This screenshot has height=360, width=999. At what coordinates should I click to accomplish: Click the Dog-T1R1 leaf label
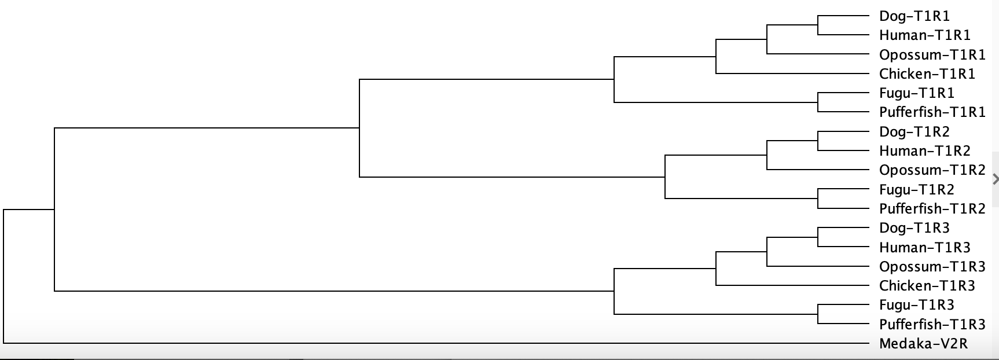tap(914, 16)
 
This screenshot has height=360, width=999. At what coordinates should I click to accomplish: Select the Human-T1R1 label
tap(924, 35)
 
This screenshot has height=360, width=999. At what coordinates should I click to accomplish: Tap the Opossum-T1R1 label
tap(932, 55)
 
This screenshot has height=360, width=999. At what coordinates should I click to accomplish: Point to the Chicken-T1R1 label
tap(927, 74)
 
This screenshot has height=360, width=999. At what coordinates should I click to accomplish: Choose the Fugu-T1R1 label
tap(916, 93)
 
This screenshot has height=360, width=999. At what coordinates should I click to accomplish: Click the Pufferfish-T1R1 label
tap(932, 112)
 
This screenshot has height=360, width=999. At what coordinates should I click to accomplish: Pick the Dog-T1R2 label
tap(914, 132)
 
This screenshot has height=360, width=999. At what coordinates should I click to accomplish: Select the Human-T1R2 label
tap(924, 151)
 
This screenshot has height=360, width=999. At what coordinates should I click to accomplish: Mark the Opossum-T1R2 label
tap(932, 170)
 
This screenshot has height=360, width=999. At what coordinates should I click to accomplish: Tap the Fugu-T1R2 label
tap(916, 190)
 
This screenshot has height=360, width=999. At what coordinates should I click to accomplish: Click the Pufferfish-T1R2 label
tap(932, 209)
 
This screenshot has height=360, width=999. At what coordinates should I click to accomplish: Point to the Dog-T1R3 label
tap(914, 228)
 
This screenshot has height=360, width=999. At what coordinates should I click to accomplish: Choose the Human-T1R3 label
tap(924, 248)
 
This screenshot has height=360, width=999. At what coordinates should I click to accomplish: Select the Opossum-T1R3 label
tap(932, 267)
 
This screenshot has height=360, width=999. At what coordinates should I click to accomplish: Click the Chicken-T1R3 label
tap(927, 286)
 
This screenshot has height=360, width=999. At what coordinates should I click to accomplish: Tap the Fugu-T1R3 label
tap(916, 305)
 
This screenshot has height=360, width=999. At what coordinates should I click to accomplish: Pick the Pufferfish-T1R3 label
tap(932, 325)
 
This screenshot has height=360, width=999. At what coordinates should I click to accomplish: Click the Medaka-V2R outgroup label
tap(923, 344)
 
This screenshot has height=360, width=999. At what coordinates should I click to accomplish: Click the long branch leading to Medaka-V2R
tap(436, 343)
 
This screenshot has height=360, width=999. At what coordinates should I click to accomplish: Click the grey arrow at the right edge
tap(996, 179)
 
